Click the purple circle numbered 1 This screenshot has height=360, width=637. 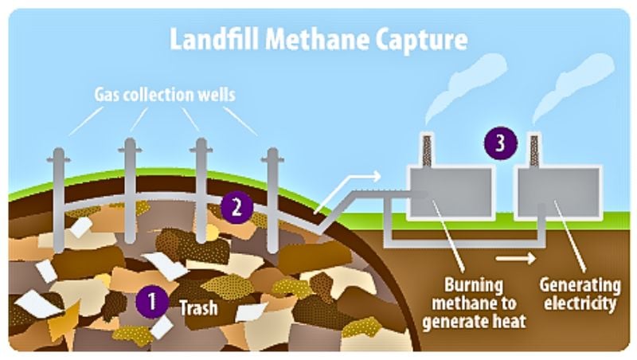tap(147, 302)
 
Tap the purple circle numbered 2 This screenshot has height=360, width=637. tap(236, 206)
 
